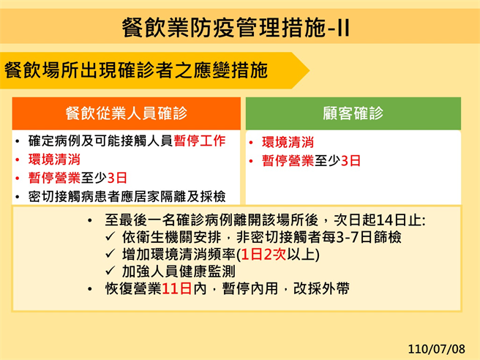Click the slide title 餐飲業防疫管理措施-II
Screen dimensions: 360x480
(236, 29)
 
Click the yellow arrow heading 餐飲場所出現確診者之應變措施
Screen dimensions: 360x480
(136, 70)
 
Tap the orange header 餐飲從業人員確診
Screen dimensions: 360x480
(126, 113)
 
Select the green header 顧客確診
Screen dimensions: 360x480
(353, 113)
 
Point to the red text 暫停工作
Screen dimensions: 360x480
(200, 140)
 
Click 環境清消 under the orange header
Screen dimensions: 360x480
(54, 159)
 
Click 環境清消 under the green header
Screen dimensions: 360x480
(288, 143)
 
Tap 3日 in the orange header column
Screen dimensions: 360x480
(117, 178)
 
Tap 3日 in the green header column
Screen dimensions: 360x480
(350, 161)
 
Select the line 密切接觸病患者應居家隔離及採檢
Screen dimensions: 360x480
(127, 196)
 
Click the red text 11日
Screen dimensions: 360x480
(176, 288)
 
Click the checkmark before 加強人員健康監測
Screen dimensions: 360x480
(110, 271)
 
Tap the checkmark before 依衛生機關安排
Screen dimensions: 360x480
(110, 237)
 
